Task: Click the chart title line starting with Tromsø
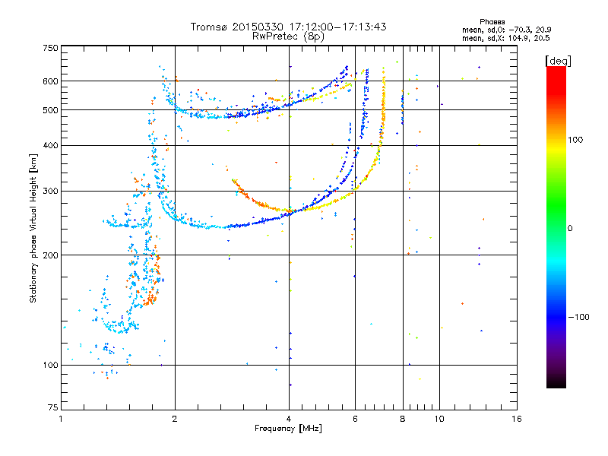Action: coord(288,27)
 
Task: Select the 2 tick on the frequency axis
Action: coord(175,419)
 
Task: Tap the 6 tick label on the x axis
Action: coord(355,419)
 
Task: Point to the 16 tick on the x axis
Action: coord(516,419)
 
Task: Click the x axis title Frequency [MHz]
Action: coord(288,429)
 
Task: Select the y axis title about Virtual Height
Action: coord(33,229)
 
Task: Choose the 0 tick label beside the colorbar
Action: coord(571,229)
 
